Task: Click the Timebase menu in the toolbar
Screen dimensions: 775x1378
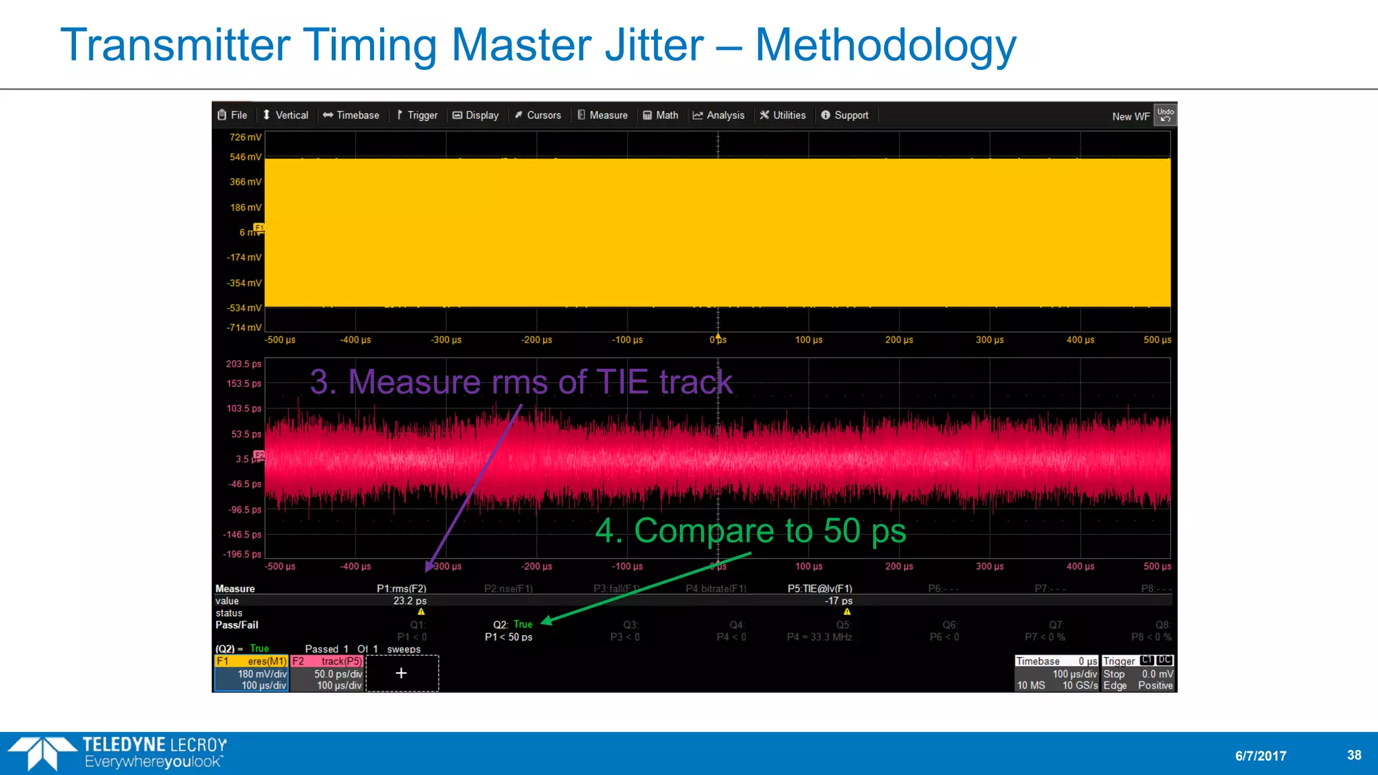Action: pyautogui.click(x=351, y=115)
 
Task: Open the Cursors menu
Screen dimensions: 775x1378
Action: pyautogui.click(x=538, y=115)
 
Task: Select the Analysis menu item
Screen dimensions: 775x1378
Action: pyautogui.click(x=719, y=115)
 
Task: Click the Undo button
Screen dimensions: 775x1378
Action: pyautogui.click(x=1165, y=114)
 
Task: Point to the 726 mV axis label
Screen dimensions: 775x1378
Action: pyautogui.click(x=245, y=137)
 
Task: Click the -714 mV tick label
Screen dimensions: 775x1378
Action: pyautogui.click(x=244, y=328)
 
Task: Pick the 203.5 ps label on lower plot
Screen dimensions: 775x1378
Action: pyautogui.click(x=243, y=364)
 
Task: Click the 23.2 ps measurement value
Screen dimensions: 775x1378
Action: pyautogui.click(x=410, y=601)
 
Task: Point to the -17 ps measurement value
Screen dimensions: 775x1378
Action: pyautogui.click(x=838, y=601)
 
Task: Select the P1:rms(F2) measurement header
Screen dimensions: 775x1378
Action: pyautogui.click(x=401, y=589)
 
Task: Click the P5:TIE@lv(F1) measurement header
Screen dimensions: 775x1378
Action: pyautogui.click(x=820, y=589)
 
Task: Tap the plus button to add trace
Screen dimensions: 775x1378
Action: pyautogui.click(x=402, y=673)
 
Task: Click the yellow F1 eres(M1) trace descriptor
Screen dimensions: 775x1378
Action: pyautogui.click(x=251, y=673)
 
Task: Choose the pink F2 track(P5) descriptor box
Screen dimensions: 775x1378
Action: pyautogui.click(x=327, y=673)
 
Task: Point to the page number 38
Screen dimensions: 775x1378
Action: pyautogui.click(x=1354, y=755)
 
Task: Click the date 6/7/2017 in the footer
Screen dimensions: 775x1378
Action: pyautogui.click(x=1260, y=755)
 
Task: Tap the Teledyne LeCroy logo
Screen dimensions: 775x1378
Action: pyautogui.click(x=118, y=753)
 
